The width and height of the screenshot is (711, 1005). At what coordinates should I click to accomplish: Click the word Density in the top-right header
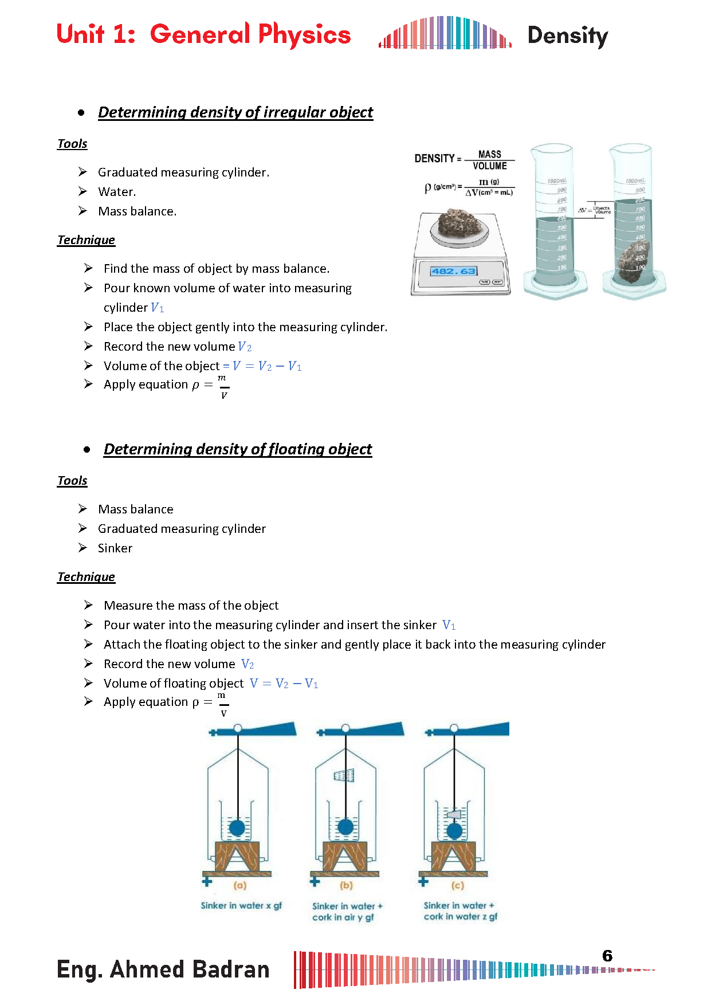click(x=567, y=36)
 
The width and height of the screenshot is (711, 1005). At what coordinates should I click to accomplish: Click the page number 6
click(x=607, y=956)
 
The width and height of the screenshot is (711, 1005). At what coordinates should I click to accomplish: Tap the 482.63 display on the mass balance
click(x=454, y=271)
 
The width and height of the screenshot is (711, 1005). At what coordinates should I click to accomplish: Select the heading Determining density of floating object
click(x=238, y=449)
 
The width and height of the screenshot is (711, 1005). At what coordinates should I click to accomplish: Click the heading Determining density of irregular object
click(x=235, y=112)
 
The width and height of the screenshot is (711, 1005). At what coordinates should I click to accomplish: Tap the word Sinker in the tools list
click(x=115, y=548)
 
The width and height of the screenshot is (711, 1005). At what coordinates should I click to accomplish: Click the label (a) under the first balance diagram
click(x=239, y=885)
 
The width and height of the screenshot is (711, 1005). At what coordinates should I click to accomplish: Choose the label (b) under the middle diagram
click(x=346, y=885)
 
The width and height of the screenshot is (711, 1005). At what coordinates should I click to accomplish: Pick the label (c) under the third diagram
click(x=457, y=885)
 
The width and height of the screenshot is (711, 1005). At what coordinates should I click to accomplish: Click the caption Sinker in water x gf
click(x=241, y=905)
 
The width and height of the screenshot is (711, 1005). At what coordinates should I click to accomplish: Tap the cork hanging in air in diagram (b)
click(x=344, y=776)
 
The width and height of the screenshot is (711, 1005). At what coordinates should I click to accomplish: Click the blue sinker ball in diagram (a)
click(x=237, y=828)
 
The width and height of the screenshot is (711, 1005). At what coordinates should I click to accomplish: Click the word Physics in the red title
click(x=304, y=34)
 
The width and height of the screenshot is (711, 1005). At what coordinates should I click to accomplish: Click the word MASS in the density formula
click(x=489, y=155)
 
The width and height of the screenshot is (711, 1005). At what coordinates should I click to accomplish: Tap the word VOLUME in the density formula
click(x=489, y=166)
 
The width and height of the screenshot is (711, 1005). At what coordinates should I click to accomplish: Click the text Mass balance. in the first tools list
click(x=137, y=211)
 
